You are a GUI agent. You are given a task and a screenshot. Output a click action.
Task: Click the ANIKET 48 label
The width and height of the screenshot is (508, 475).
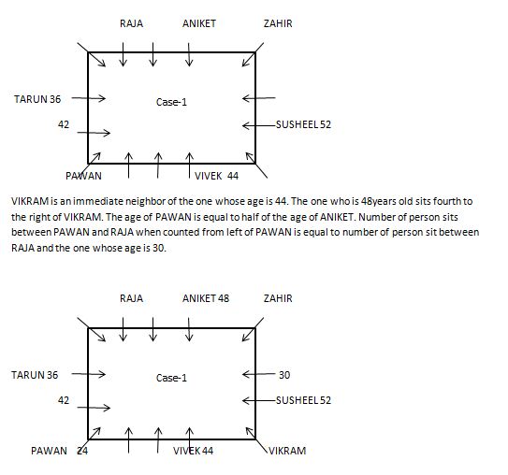point(206,298)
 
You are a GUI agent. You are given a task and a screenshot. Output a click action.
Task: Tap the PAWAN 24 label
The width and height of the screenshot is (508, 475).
point(59,451)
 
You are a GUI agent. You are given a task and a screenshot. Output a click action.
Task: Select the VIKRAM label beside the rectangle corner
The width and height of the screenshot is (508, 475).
point(287,451)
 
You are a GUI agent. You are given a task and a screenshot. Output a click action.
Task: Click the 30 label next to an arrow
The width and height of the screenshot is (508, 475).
point(284,375)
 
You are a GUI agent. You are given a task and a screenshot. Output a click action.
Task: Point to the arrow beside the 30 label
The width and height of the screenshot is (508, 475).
point(258,374)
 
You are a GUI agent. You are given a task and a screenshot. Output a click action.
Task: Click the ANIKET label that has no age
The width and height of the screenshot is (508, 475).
point(199,23)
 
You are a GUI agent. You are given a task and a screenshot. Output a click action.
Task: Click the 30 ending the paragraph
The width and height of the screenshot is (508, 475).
point(159,248)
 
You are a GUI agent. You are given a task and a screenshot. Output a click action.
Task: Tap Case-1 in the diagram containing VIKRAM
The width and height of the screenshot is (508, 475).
point(171,378)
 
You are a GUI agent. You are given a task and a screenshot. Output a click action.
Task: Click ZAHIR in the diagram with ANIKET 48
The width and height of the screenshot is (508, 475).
point(278,298)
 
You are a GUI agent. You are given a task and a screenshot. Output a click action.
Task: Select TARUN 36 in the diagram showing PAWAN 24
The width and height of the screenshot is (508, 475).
point(35,375)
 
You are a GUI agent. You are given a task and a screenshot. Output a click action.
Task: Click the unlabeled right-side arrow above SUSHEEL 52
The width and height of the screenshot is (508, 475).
point(258,98)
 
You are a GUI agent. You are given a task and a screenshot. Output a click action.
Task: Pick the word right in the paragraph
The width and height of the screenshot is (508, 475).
point(38,217)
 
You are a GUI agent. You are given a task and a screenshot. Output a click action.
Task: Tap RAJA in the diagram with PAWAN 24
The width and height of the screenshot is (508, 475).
point(131,298)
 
